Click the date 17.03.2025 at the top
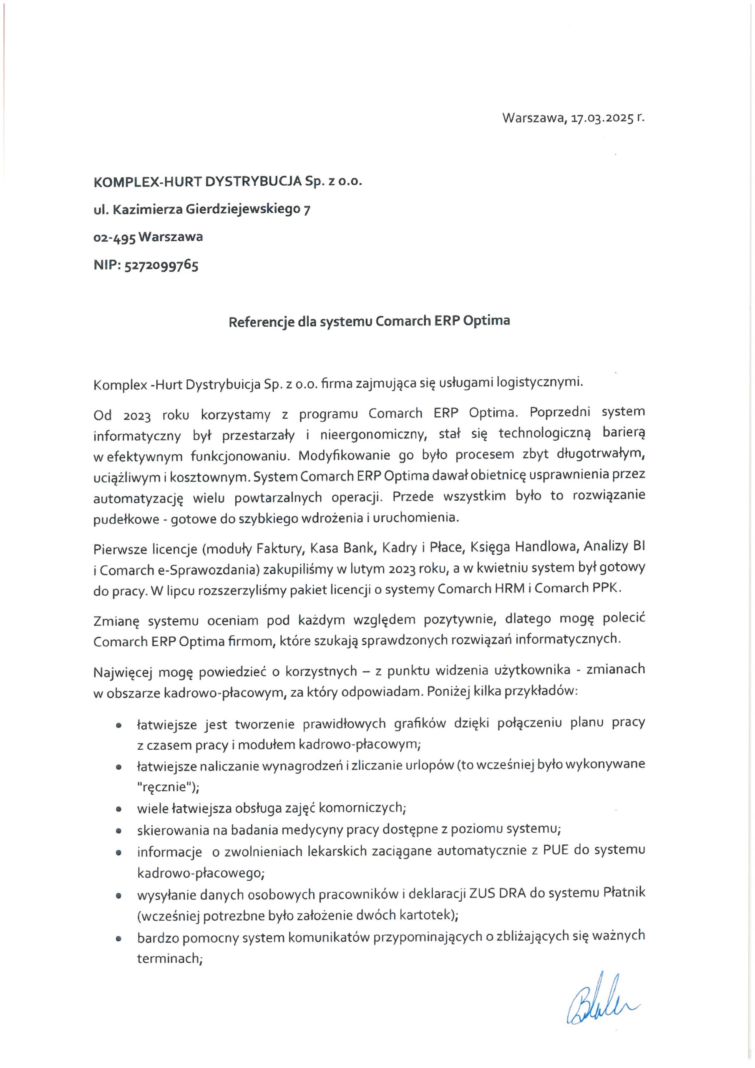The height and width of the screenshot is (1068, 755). point(602,118)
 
